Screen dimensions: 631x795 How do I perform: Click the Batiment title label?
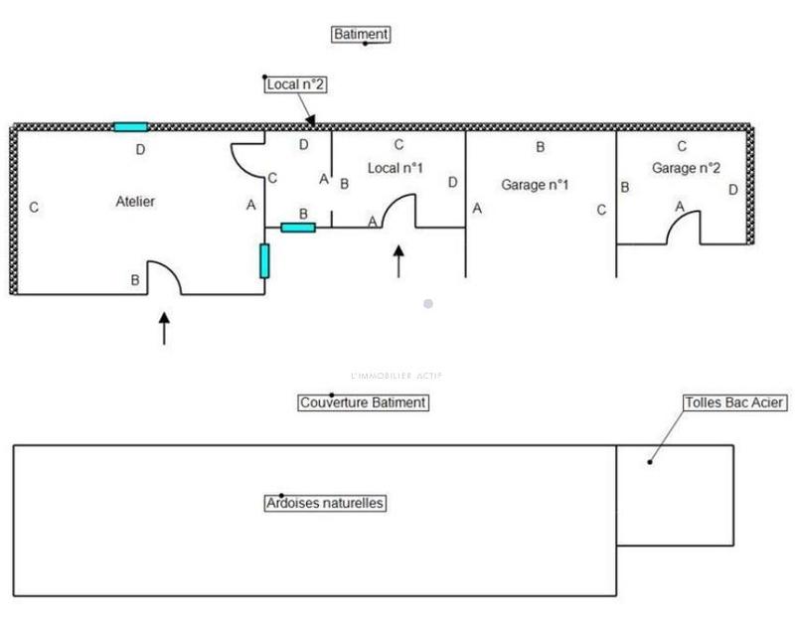pyautogui.click(x=360, y=34)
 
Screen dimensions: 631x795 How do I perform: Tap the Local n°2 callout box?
pyautogui.click(x=295, y=85)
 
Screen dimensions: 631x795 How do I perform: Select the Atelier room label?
pyautogui.click(x=135, y=201)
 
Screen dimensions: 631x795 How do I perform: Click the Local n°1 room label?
pyautogui.click(x=396, y=169)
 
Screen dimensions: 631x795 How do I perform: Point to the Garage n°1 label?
pyautogui.click(x=535, y=184)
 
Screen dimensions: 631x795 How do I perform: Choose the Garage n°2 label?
pyautogui.click(x=686, y=169)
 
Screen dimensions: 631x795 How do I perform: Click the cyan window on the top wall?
pyautogui.click(x=130, y=126)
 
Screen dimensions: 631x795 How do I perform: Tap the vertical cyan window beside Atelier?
pyautogui.click(x=264, y=260)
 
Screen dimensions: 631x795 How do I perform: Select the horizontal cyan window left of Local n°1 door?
pyautogui.click(x=298, y=228)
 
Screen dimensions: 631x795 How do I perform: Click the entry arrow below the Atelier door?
pyautogui.click(x=164, y=328)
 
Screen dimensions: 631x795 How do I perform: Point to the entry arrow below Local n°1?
pyautogui.click(x=398, y=261)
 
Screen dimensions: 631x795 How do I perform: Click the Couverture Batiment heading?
pyautogui.click(x=363, y=402)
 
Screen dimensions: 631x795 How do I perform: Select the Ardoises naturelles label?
pyautogui.click(x=325, y=504)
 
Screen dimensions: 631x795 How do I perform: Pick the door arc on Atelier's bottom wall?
pyautogui.click(x=165, y=277)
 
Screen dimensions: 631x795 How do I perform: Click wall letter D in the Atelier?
pyautogui.click(x=140, y=150)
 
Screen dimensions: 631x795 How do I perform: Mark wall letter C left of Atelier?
pyautogui.click(x=34, y=209)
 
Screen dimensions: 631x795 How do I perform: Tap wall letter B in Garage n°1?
pyautogui.click(x=541, y=148)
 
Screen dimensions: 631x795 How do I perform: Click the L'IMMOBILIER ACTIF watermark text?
pyautogui.click(x=397, y=375)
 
